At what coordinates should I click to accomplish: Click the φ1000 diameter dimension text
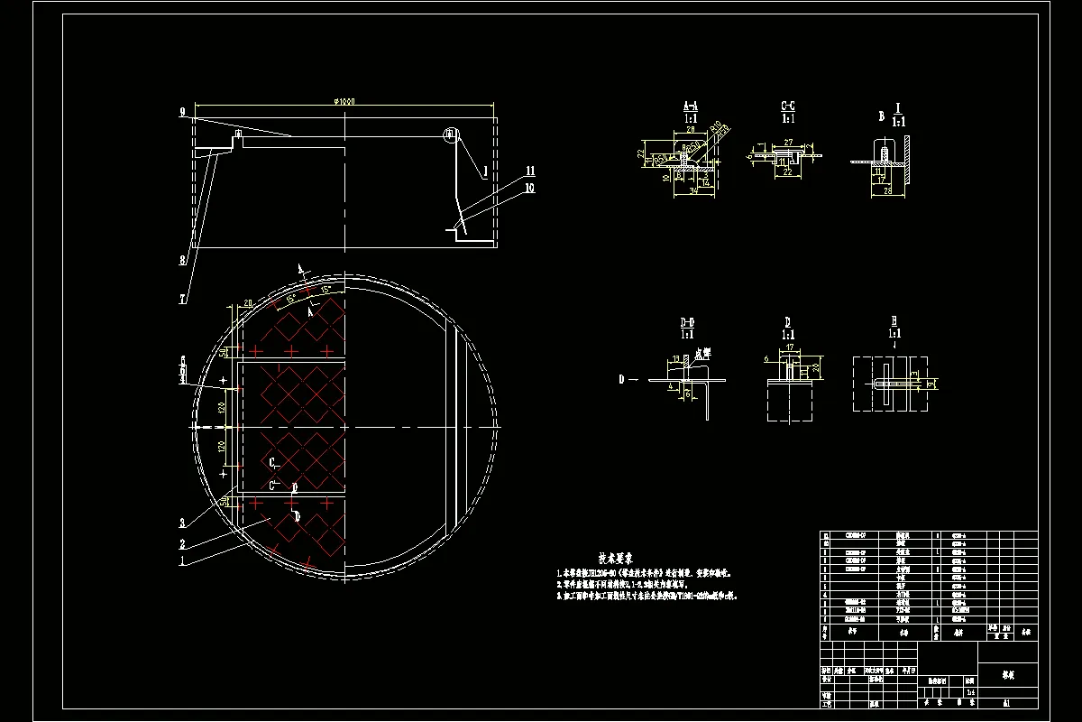pyautogui.click(x=344, y=101)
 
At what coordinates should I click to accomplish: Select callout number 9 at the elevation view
pyautogui.click(x=182, y=112)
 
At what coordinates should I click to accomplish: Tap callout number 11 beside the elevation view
pyautogui.click(x=530, y=171)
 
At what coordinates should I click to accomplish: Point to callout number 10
pyautogui.click(x=530, y=188)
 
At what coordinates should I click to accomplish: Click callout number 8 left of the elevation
pyautogui.click(x=182, y=261)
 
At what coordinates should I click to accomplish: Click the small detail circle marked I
pyautogui.click(x=451, y=135)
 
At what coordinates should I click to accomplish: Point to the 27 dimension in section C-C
pyautogui.click(x=787, y=143)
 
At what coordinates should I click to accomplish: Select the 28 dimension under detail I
pyautogui.click(x=887, y=190)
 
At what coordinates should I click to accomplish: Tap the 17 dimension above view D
pyautogui.click(x=790, y=347)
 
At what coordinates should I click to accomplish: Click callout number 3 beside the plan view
pyautogui.click(x=182, y=523)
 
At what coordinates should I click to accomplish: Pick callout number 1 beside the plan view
pyautogui.click(x=182, y=561)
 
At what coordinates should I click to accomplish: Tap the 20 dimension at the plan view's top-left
pyautogui.click(x=247, y=304)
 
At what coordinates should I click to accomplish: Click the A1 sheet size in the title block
pyautogui.click(x=1005, y=700)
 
